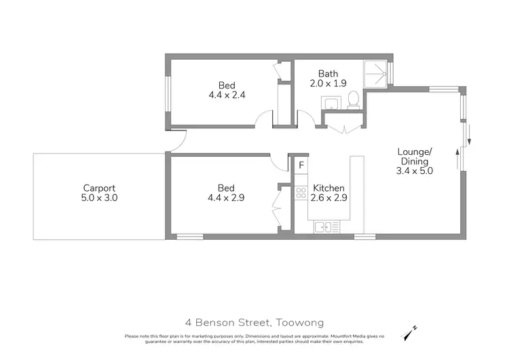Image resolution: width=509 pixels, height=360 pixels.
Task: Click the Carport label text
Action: tap(99, 188)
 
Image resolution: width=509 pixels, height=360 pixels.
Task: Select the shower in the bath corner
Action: tap(376, 74)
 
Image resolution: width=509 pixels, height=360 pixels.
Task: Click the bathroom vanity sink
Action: tap(331, 104)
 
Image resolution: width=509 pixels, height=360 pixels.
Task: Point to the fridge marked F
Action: tap(301, 165)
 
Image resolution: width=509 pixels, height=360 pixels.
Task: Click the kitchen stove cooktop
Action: tap(301, 192)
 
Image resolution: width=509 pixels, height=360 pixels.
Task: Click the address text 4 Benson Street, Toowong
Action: tap(254, 323)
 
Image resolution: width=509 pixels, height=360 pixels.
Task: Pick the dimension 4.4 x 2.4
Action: tap(227, 95)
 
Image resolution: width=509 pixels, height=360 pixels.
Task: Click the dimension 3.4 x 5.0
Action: tap(414, 171)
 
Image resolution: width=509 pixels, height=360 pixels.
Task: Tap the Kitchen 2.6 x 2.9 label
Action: tap(328, 193)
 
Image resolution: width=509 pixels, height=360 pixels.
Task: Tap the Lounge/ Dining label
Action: tap(414, 156)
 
